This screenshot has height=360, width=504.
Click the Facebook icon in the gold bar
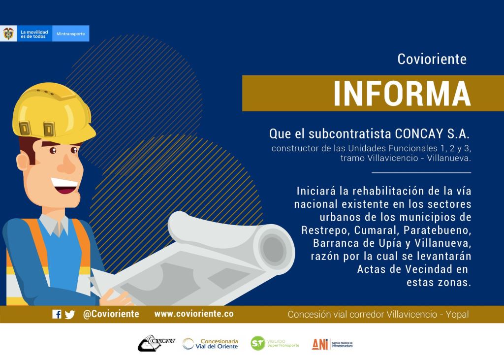[57, 314]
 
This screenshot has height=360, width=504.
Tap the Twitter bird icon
[69, 314]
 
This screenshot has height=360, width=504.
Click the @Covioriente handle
[111, 314]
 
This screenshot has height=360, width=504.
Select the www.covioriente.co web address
[194, 314]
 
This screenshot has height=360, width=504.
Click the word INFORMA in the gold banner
[402, 93]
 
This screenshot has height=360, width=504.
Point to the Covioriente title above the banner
[432, 59]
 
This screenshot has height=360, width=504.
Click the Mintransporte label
[71, 34]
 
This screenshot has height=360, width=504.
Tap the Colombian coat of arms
[8, 33]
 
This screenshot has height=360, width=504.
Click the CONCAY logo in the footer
[157, 343]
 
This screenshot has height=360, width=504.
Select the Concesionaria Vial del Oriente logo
[210, 344]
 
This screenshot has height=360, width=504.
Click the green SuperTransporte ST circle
[258, 343]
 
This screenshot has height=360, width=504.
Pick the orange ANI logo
[320, 344]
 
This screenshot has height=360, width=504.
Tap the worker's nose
[67, 164]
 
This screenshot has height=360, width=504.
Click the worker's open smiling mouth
[65, 186]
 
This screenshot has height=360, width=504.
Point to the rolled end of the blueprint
[274, 248]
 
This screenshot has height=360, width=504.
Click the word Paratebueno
[437, 230]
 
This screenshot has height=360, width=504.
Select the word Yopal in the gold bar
[457, 314]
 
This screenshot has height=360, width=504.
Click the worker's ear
[23, 161]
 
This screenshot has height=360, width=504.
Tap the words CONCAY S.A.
[432, 134]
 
